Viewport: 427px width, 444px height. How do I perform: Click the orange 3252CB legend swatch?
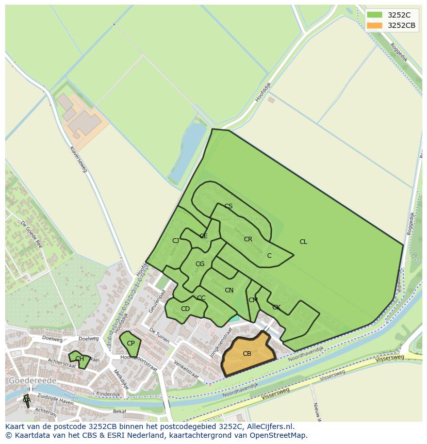point(374,25)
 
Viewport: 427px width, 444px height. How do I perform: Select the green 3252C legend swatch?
point(374,14)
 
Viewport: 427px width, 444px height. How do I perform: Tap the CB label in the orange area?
point(247,354)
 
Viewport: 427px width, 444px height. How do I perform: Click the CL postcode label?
point(303,242)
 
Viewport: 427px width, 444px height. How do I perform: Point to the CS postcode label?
point(228,206)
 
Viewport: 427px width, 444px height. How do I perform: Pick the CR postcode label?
point(248,239)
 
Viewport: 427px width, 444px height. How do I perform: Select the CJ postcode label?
point(176,241)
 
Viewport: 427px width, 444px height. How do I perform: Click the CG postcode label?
point(200,264)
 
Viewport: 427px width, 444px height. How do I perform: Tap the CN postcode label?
point(229,290)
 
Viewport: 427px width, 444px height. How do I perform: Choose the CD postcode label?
point(185,309)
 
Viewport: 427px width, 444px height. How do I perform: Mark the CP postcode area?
point(130,343)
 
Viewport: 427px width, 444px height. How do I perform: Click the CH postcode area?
point(79,359)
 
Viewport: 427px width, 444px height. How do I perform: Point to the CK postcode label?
point(276,307)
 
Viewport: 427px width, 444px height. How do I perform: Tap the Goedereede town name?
point(32,381)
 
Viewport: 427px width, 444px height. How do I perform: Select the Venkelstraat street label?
point(186,370)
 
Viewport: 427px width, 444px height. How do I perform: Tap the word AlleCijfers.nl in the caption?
point(269,426)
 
